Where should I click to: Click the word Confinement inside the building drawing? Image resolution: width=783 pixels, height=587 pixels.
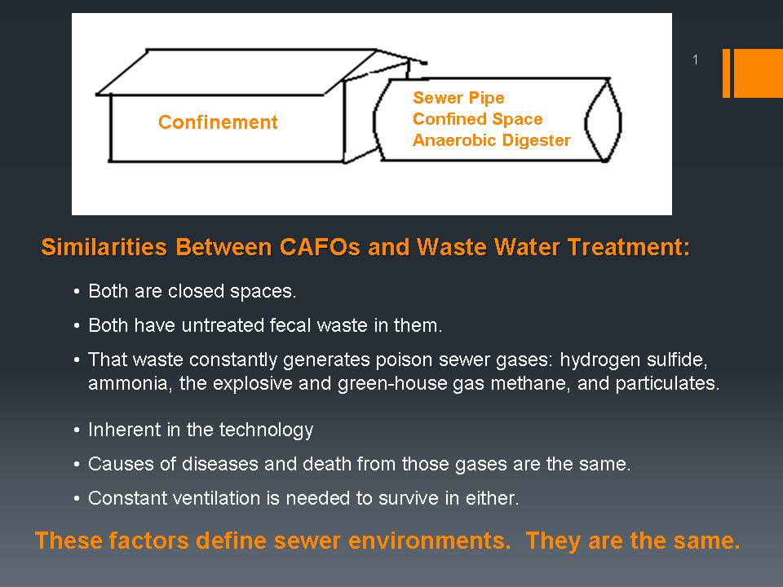click(218, 122)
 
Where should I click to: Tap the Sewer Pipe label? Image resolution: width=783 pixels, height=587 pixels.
click(458, 98)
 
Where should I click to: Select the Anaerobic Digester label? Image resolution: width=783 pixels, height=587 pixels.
click(491, 140)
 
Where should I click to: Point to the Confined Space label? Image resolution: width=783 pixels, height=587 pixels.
click(477, 119)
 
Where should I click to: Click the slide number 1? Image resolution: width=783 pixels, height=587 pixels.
click(695, 60)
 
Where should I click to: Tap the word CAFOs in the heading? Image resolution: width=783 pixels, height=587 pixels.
click(320, 247)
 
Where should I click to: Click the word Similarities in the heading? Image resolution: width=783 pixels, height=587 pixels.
click(104, 247)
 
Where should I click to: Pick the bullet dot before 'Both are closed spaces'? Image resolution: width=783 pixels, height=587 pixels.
click(77, 292)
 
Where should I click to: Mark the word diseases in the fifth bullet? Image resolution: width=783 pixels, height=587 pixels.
click(220, 464)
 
